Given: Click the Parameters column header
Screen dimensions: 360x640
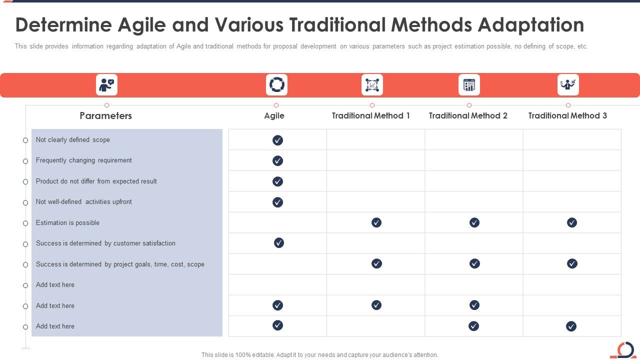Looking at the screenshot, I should point(106,115).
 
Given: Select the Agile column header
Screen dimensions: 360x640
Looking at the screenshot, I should point(274,115).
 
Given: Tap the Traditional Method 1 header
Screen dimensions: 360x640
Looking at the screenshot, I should point(371,115).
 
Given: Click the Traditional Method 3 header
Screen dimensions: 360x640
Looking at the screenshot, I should point(567,115).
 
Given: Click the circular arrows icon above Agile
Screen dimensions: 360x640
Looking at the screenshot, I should point(276,85).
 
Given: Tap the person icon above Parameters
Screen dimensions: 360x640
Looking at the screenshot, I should point(106,85).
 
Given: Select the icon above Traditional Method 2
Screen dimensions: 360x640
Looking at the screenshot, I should point(469,85).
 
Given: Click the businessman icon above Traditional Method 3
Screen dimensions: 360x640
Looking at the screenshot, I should point(568,85).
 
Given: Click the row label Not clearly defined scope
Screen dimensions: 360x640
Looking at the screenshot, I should point(73,140).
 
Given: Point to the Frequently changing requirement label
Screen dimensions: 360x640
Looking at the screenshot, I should point(84,160).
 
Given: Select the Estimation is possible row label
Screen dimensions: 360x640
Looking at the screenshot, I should point(67,223).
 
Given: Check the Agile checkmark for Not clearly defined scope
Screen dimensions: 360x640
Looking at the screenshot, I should point(277,140).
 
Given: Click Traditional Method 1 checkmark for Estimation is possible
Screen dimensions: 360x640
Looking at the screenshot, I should point(376,222).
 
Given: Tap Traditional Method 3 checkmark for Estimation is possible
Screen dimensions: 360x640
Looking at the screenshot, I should point(572,222).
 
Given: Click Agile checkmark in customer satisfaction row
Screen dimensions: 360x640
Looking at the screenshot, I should point(279,243).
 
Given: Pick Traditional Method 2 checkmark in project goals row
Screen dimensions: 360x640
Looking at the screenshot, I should point(474,263).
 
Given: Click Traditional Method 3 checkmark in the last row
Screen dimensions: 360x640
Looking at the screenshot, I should point(571,326).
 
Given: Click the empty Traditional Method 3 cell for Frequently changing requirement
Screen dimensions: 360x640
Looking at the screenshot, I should point(572,160).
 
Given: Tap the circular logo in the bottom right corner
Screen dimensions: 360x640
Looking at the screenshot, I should point(624,349).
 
